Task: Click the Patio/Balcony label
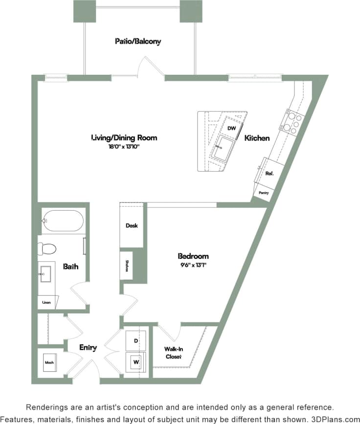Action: tap(137, 42)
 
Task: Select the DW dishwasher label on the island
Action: tap(232, 128)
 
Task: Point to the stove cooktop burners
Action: tap(292, 123)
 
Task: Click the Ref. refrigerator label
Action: tap(269, 173)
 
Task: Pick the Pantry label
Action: tap(264, 193)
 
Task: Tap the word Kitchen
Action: tap(257, 138)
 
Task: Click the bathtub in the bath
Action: tap(62, 221)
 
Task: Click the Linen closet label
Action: tap(46, 302)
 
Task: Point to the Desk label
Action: tap(132, 225)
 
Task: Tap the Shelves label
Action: tap(127, 266)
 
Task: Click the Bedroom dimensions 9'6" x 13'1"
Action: tap(193, 265)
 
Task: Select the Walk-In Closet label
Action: tap(173, 353)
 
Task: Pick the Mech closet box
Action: tap(49, 363)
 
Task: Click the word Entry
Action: tap(88, 348)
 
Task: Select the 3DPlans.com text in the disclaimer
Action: tap(335, 419)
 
